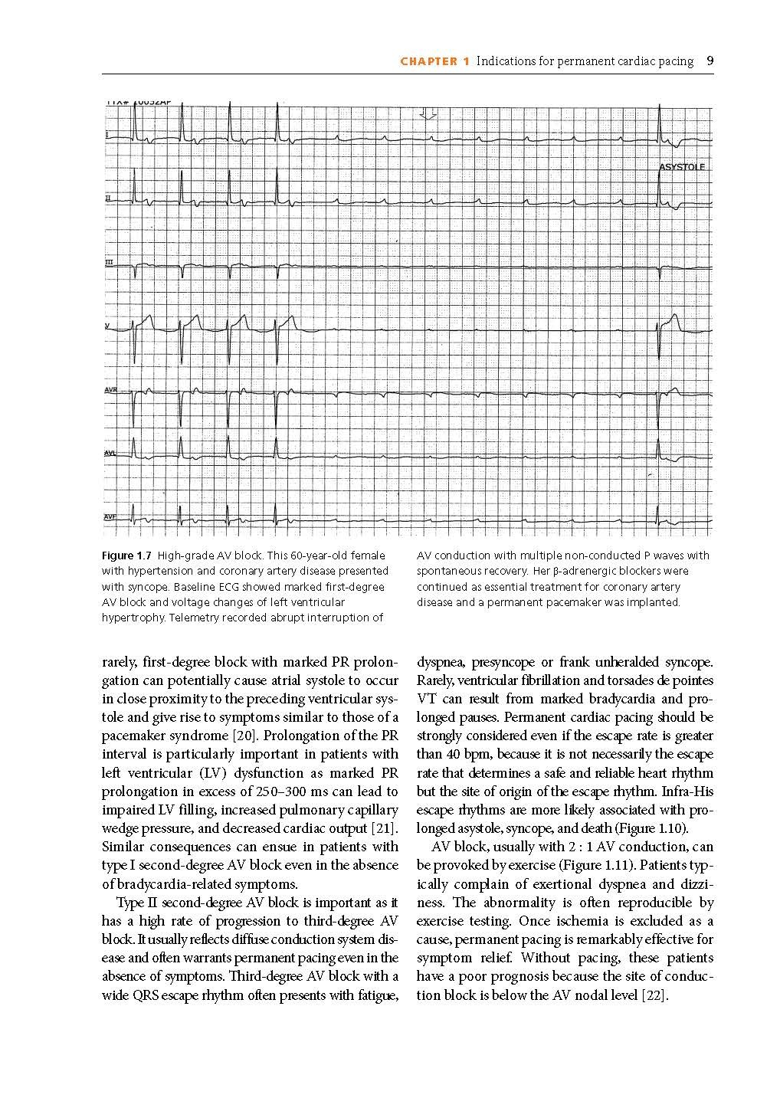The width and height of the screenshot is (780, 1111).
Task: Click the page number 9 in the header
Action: tap(710, 61)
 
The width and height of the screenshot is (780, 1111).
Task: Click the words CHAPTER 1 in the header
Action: tap(434, 61)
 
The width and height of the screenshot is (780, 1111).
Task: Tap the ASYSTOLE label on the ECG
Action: tap(682, 167)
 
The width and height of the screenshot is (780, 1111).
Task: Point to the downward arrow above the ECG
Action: tap(428, 115)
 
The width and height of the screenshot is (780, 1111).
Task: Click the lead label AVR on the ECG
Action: tap(111, 390)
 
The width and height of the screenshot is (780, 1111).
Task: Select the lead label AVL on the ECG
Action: tap(110, 453)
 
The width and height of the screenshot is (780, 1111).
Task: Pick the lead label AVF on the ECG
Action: tap(110, 516)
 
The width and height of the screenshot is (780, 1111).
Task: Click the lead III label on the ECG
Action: tap(109, 263)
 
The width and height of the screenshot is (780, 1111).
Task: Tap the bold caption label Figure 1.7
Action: tap(126, 555)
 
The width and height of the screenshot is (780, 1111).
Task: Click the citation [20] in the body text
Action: tap(246, 736)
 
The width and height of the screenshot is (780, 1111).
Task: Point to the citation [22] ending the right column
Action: tap(655, 995)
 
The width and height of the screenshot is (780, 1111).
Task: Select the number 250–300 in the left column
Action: tap(307, 791)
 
